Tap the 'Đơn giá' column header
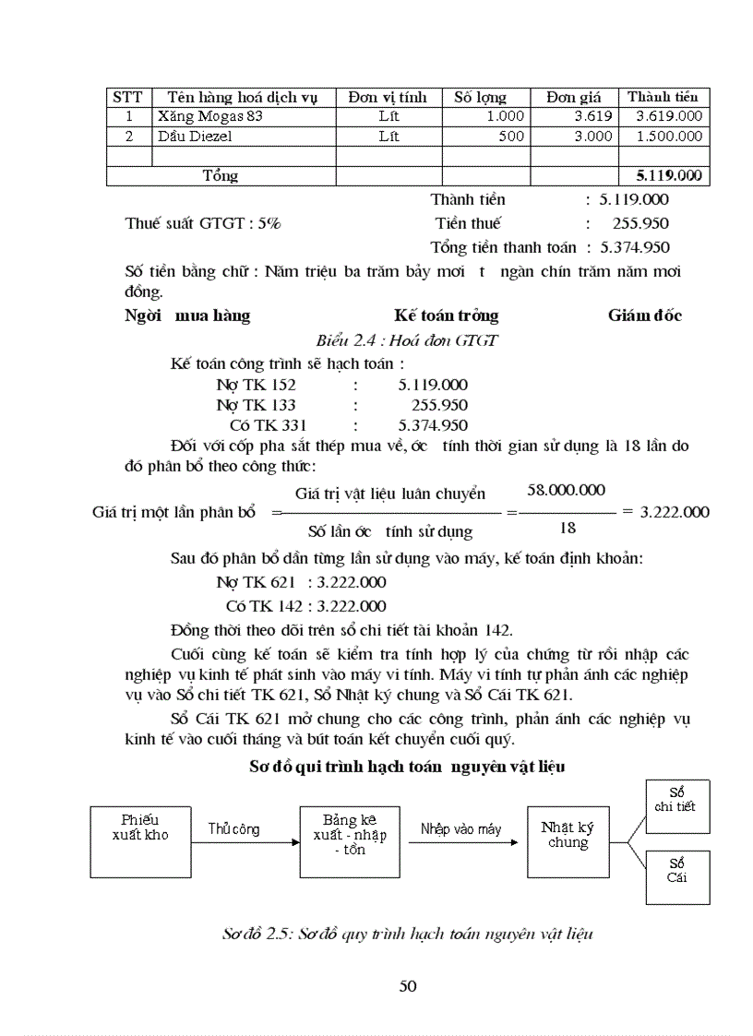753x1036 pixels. coord(573,97)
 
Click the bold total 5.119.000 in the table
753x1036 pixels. coord(668,175)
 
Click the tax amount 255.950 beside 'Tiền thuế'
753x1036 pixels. coord(640,223)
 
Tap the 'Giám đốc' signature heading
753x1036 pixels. coord(645,316)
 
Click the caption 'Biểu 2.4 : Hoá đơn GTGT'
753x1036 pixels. coord(407,339)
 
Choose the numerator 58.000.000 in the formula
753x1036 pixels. coord(566,490)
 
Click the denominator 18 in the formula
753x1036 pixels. coord(568,529)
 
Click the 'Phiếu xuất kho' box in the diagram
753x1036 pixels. coord(138,835)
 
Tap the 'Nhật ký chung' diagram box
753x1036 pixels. coord(567,835)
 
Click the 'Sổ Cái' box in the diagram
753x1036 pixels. coord(677,871)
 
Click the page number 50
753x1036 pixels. coord(408,986)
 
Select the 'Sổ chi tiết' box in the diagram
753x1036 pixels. coord(677,800)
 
